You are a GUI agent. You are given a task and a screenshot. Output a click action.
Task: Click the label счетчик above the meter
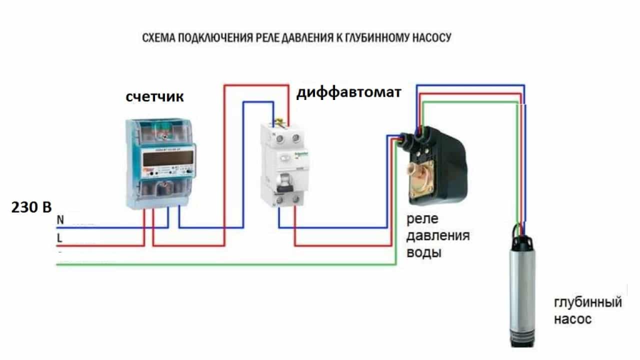tap(155, 97)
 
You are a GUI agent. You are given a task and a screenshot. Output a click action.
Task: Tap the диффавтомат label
tap(349, 93)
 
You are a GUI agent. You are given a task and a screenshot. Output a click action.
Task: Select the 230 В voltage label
tap(31, 208)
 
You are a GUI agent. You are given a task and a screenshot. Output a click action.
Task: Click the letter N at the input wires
tap(60, 220)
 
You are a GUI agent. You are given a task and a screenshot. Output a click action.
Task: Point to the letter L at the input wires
tap(60, 238)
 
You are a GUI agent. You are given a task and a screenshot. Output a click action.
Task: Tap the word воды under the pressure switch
tap(424, 253)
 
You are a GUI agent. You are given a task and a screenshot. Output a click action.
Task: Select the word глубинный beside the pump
tap(588, 303)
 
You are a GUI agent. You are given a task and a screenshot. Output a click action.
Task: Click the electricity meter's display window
tap(163, 161)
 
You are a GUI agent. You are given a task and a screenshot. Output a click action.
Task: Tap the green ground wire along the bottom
tap(225, 264)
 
